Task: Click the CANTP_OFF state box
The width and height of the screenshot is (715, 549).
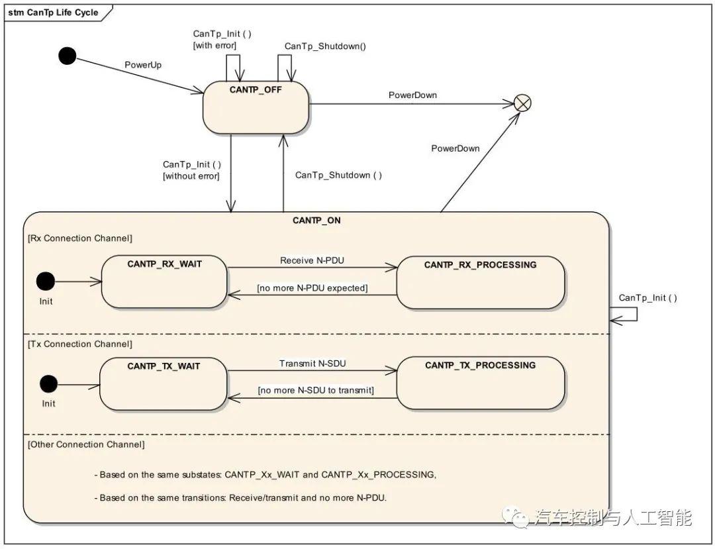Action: (x=256, y=107)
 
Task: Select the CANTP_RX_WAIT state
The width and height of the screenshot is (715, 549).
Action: (x=164, y=283)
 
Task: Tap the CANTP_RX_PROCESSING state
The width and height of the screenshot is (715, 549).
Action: (x=480, y=283)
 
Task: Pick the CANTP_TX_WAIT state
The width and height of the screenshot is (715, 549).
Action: (x=164, y=383)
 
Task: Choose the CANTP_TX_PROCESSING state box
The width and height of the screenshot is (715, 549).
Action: (x=480, y=383)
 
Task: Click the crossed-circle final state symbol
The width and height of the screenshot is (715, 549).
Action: (x=523, y=103)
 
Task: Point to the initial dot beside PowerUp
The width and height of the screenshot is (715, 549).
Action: (x=68, y=56)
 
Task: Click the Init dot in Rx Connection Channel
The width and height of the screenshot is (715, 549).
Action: (x=46, y=281)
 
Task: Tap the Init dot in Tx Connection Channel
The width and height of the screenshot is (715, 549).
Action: (x=49, y=383)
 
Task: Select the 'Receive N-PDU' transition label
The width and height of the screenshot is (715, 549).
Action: (x=307, y=260)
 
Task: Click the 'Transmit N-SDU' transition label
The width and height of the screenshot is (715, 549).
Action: (x=312, y=363)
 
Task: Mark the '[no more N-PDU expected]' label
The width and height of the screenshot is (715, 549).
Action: (x=312, y=287)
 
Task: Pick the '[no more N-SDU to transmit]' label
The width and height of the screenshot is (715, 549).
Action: (x=316, y=390)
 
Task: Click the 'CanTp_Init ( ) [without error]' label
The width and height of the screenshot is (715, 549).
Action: (x=192, y=170)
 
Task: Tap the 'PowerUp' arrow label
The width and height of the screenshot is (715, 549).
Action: (x=143, y=66)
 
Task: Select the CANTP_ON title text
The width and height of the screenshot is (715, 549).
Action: (x=316, y=221)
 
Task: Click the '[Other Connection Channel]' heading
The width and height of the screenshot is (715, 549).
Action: (x=86, y=444)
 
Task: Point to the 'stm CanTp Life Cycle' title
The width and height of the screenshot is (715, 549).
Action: (x=52, y=12)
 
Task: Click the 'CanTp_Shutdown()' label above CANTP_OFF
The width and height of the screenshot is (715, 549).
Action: (x=325, y=46)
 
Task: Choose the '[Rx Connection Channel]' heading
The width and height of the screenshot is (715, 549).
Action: (x=80, y=238)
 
